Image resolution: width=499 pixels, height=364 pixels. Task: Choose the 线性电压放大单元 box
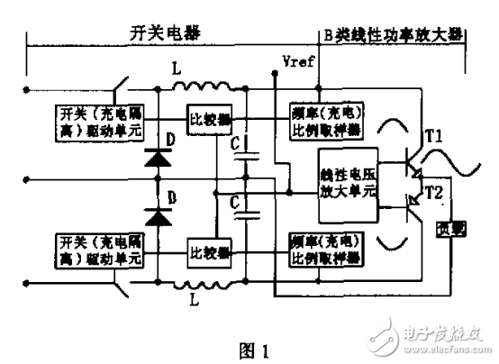tap(346, 182)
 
